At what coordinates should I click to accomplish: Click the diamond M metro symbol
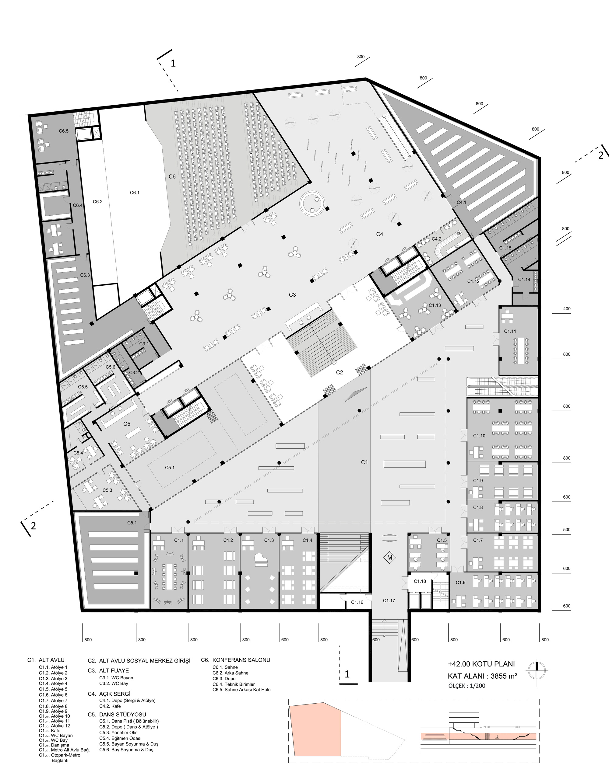coord(390,558)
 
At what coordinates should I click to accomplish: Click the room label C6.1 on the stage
coord(135,193)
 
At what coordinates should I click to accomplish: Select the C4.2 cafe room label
coord(436,239)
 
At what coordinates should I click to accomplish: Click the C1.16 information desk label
coord(357,602)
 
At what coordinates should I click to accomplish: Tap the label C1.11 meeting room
coord(510,331)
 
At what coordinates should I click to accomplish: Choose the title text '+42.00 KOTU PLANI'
coord(481,664)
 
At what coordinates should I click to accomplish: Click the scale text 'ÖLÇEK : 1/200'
coord(466,686)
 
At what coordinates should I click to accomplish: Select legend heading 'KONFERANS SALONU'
coord(241,660)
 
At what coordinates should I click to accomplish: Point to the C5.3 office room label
coord(107,490)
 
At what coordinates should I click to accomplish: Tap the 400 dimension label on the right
coord(567,309)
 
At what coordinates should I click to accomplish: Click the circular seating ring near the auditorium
coord(312,203)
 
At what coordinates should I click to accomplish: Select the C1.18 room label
coord(420,581)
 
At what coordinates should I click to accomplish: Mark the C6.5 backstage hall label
coord(64,131)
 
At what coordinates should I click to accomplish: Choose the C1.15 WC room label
coord(505,248)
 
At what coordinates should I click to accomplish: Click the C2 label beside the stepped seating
coord(340,373)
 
